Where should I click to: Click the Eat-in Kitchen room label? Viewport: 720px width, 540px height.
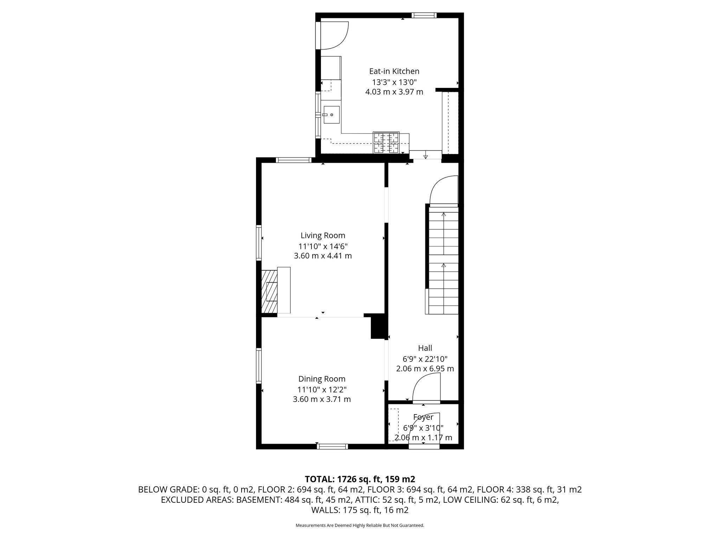394,71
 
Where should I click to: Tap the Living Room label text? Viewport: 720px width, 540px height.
323,236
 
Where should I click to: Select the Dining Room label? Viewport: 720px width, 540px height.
322,379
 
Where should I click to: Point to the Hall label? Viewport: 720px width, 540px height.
425,348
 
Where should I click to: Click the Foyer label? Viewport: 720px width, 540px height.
423,417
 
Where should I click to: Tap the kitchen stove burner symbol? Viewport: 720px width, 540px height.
386,143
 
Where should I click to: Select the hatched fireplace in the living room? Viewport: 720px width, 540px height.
269,291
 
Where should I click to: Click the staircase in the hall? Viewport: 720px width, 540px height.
443,260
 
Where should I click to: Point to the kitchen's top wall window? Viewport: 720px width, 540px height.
424,15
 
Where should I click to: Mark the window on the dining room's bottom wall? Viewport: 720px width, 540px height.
332,446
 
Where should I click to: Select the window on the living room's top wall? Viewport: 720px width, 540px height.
294,160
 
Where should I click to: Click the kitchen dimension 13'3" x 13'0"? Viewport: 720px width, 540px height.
394,82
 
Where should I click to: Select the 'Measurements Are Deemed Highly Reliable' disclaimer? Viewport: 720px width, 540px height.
360,525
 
